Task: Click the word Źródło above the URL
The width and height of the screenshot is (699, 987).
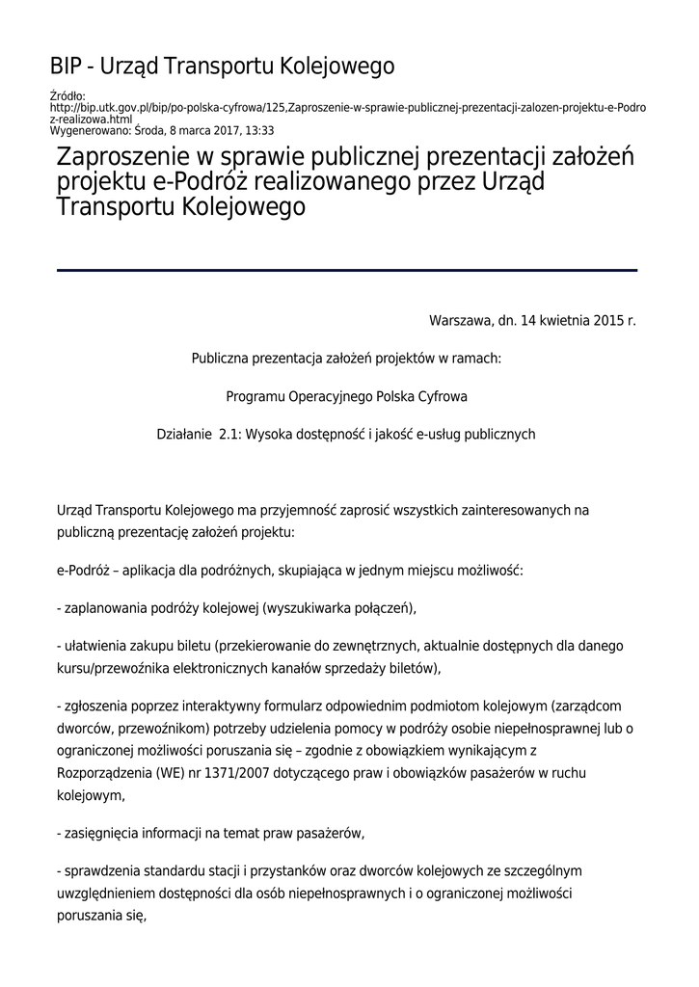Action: click(x=67, y=95)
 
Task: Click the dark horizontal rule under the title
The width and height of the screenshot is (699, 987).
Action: click(x=347, y=271)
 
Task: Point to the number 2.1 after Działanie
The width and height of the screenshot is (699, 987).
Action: click(x=229, y=434)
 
